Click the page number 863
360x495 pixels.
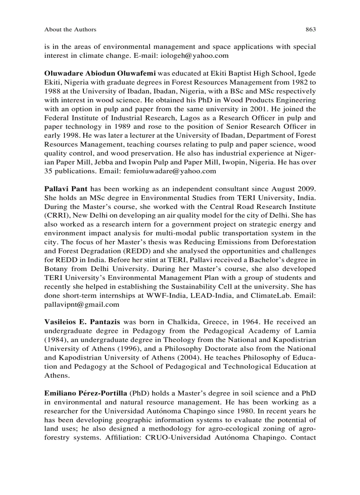click(311, 30)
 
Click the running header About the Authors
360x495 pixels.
click(70, 30)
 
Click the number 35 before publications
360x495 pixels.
click(49, 171)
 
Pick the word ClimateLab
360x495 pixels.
click(272, 295)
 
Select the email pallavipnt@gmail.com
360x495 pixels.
click(82, 304)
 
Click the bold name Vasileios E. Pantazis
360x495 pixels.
click(82, 322)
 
